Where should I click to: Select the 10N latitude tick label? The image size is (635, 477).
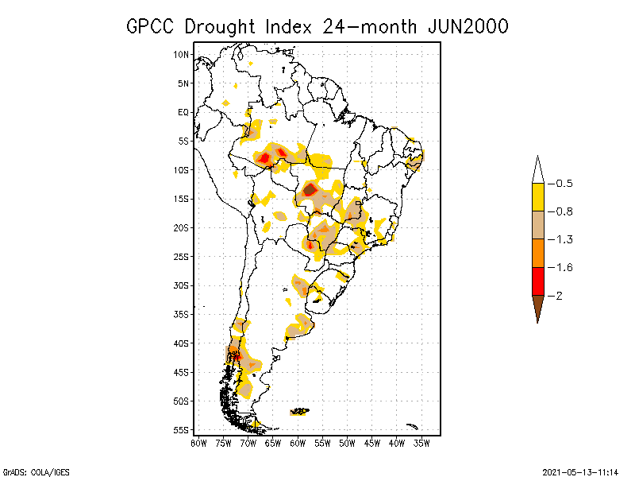(182, 55)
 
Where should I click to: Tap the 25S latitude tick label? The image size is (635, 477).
(182, 256)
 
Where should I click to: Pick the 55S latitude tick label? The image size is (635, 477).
(182, 429)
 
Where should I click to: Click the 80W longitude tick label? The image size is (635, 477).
(198, 443)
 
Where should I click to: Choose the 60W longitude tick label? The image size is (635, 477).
(298, 443)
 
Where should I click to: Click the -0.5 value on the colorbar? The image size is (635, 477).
(562, 184)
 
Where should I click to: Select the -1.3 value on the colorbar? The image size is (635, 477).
(562, 239)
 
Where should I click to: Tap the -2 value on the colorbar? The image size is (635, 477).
(558, 295)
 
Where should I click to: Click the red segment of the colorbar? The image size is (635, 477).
(537, 281)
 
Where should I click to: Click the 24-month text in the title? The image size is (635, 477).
(362, 26)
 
